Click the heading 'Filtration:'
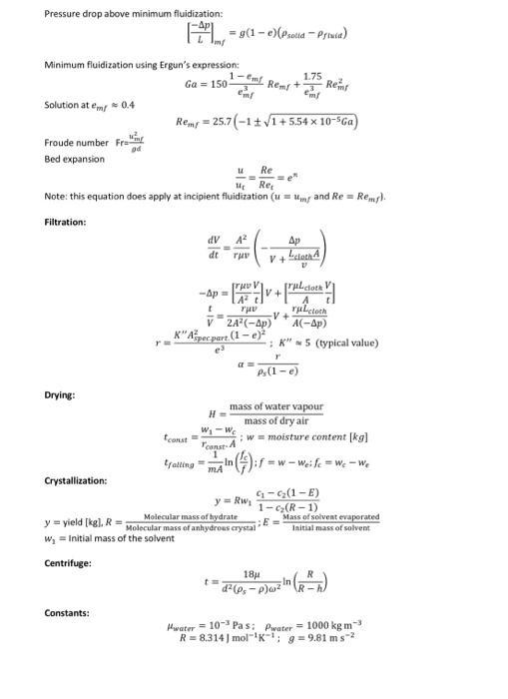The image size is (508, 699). pyautogui.click(x=67, y=220)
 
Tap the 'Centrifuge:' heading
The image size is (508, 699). pyautogui.click(x=68, y=562)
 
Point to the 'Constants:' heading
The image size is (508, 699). pyautogui.click(x=66, y=611)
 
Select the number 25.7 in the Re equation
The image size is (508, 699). pyautogui.click(x=218, y=123)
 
